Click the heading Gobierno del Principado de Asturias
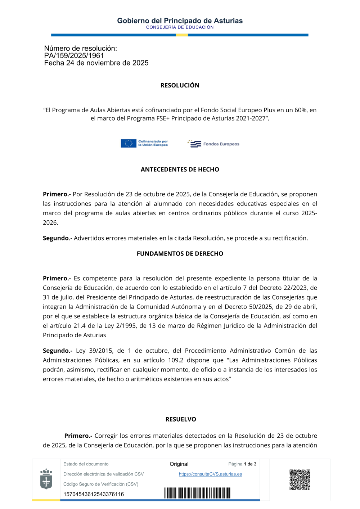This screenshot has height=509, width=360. coord(180,21)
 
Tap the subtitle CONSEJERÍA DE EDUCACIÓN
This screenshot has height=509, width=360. coord(180,27)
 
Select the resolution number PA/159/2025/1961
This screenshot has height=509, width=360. coord(74,55)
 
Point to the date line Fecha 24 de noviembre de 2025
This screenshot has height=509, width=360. coord(96,63)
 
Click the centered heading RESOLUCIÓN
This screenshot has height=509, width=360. coord(180,85)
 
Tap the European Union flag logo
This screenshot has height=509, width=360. coord(129,143)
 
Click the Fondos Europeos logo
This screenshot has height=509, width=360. coord(213,144)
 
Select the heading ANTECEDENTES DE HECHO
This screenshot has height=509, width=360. coord(180,170)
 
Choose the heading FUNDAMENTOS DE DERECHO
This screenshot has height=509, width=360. coord(180,254)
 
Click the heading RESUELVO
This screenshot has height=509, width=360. coord(181,419)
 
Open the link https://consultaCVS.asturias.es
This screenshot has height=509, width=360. coord(210,474)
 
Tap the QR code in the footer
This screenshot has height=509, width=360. coord(300,479)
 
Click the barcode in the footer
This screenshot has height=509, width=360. coord(197,493)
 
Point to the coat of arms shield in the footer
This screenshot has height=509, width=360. coord(46,479)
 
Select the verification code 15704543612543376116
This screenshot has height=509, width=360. coord(94,494)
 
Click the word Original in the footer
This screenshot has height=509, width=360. coord(179,464)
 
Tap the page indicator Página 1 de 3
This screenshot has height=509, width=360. coord(242,464)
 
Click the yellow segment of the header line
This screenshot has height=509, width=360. coord(182,35)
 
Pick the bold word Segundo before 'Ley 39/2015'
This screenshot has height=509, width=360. coord(57,351)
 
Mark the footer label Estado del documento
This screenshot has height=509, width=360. coord(86,464)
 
